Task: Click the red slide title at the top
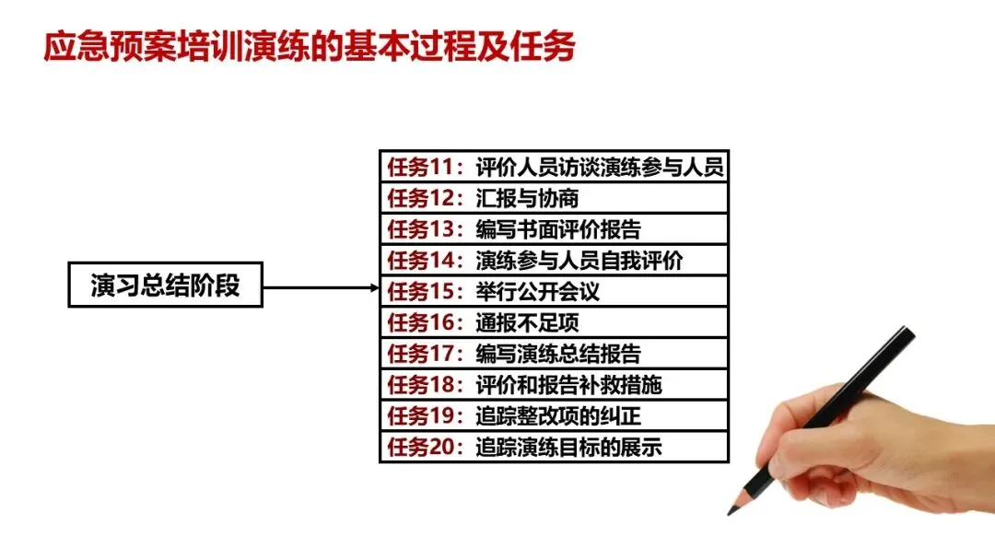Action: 310,46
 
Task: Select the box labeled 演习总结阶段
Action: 166,286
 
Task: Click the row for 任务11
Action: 554,167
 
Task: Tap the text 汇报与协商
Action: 527,198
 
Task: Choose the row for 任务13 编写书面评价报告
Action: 554,229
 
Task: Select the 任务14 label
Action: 424,261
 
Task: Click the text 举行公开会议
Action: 538,292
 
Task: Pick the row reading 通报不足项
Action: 554,323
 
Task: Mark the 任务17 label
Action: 424,354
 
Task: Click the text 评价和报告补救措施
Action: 568,385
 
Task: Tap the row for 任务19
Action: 554,416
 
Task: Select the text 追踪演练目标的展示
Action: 568,448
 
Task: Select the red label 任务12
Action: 424,198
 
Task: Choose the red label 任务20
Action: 424,448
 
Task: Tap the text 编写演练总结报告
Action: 558,354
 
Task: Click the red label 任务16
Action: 424,323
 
